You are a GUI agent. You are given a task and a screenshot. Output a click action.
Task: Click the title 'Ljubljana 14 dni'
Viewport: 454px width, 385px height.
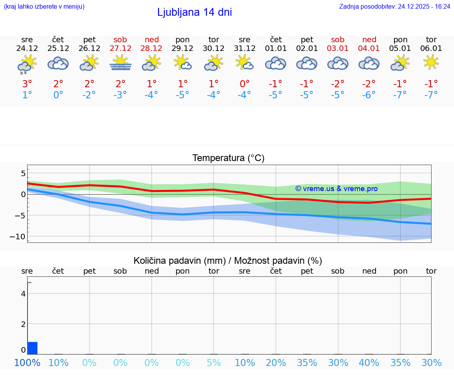(194, 12)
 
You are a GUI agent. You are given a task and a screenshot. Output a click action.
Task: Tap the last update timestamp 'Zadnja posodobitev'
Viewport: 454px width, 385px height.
(394, 6)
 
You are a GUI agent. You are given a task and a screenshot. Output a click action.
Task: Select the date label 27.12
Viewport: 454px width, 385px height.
(120, 49)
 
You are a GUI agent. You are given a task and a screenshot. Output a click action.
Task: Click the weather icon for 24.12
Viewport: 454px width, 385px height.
(27, 64)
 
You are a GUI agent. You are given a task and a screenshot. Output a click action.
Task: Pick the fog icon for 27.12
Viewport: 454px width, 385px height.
(120, 63)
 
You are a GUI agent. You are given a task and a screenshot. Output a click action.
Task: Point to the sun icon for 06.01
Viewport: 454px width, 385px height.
(431, 62)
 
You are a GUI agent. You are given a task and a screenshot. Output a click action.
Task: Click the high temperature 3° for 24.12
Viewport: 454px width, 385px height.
(27, 84)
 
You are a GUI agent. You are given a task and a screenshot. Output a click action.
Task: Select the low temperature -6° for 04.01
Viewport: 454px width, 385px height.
(369, 95)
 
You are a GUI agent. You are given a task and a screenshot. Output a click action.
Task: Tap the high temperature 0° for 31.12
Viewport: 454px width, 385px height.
(245, 84)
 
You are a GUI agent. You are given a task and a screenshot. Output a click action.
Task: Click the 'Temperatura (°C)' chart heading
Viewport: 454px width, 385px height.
(228, 158)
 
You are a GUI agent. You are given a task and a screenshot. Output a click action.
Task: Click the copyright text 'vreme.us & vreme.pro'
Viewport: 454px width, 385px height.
(336, 189)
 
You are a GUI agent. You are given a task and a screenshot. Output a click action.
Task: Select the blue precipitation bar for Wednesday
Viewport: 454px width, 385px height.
(33, 348)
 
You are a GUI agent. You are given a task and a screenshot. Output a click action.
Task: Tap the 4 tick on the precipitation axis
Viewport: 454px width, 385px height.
(23, 294)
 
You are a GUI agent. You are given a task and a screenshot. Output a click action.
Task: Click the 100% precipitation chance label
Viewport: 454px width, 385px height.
(27, 362)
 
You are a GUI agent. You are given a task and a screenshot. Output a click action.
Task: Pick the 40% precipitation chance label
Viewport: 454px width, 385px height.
(369, 362)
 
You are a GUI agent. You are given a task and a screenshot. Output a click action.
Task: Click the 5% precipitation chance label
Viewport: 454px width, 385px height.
(214, 362)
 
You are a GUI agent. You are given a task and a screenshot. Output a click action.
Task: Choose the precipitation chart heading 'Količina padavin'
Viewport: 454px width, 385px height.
(228, 261)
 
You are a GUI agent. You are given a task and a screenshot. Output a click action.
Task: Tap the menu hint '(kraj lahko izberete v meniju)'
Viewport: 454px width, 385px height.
(44, 6)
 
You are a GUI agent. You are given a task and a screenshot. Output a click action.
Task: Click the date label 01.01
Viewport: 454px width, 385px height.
(275, 49)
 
